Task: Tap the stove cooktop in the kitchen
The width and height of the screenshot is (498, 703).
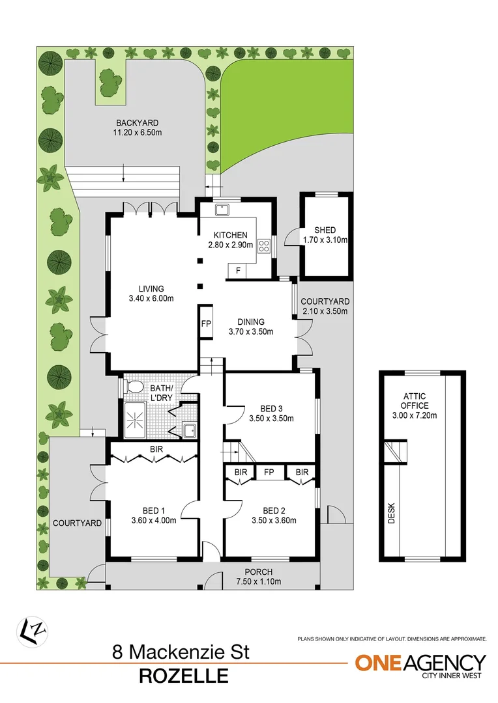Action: pos(265,245)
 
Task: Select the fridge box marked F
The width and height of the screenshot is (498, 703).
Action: pos(238,270)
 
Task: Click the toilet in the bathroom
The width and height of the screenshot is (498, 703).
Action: pos(134,387)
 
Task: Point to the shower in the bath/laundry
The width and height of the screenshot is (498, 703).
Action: pos(138,416)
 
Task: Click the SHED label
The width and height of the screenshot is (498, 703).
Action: pos(325,230)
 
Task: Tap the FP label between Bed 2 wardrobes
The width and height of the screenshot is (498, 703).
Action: pos(269,472)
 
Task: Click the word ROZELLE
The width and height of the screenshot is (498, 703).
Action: pos(184,676)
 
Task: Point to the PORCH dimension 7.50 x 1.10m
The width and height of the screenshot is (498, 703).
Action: pos(259,581)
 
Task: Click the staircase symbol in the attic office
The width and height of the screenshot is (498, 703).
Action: pos(395,450)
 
